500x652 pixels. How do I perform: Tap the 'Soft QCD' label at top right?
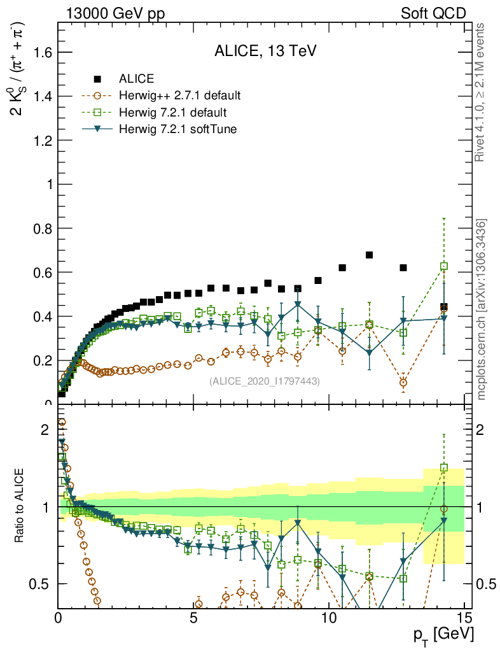433,13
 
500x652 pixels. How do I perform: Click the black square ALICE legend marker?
97,79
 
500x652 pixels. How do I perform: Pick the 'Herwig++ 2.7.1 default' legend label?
179,96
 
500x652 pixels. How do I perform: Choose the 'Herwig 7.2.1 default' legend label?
172,113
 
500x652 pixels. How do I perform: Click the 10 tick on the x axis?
329,618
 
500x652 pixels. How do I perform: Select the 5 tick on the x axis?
193,618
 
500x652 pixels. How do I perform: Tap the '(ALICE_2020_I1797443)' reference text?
265,381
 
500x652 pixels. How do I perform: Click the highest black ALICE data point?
369,255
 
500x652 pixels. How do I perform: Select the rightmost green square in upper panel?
444,266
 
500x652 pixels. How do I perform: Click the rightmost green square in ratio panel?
444,467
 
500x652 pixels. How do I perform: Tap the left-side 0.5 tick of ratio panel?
45,584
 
